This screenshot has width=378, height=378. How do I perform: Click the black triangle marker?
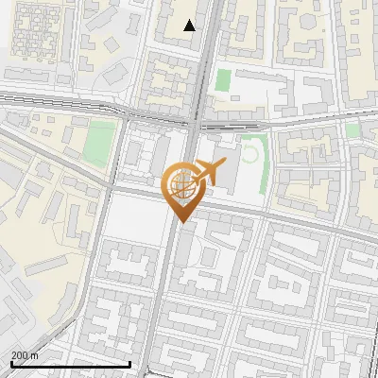(x=190, y=26)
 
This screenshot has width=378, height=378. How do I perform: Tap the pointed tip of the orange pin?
(x=180, y=221)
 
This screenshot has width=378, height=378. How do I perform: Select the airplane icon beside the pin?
(x=207, y=173)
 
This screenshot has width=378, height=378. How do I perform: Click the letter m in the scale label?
(x=36, y=355)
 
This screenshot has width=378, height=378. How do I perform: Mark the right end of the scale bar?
(x=130, y=364)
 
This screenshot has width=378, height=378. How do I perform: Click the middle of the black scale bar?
(x=70, y=364)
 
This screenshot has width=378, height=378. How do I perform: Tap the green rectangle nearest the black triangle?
(x=223, y=79)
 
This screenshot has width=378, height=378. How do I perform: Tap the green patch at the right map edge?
(x=353, y=130)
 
